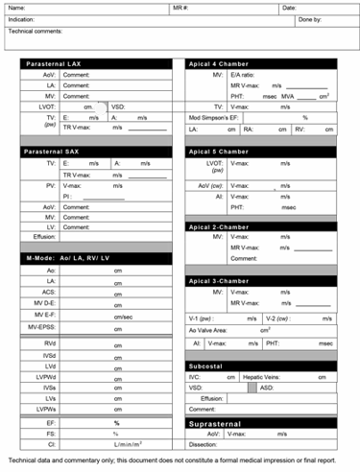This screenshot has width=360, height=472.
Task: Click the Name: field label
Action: pos(16,8)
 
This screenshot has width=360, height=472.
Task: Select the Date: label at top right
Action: pos(289,8)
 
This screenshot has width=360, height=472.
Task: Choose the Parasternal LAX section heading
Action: pos(54,63)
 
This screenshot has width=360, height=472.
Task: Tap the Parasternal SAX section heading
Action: pos(54,152)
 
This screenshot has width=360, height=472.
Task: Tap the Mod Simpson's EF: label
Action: pos(216,116)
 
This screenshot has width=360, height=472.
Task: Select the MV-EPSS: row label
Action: pos(42,326)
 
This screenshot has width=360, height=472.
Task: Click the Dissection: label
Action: pos(207,444)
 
